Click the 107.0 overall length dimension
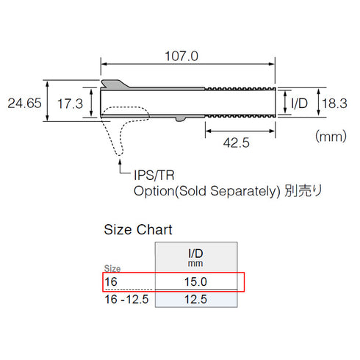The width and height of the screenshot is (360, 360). pyautogui.click(x=187, y=55)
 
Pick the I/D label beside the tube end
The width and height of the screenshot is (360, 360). pyautogui.click(x=300, y=104)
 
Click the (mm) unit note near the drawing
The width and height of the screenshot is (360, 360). pyautogui.click(x=331, y=136)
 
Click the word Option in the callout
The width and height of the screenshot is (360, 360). pyautogui.click(x=152, y=191)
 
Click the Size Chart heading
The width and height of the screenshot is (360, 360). pyautogui.click(x=138, y=230)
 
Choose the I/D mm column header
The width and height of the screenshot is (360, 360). pyautogui.click(x=195, y=256)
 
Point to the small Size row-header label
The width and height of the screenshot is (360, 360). pyautogui.click(x=112, y=269)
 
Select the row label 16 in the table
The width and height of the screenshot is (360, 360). pyautogui.click(x=110, y=281)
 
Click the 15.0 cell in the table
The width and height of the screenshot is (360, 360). pyautogui.click(x=195, y=281)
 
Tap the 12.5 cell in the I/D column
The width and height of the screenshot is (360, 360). pyautogui.click(x=195, y=300)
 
